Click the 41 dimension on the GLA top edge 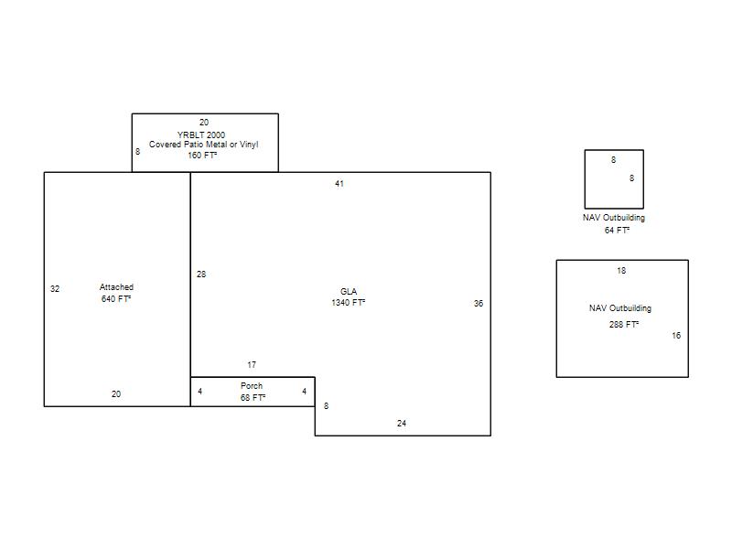pyautogui.click(x=339, y=184)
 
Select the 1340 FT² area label pyautogui.click(x=349, y=303)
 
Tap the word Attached pyautogui.click(x=116, y=287)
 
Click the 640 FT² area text pyautogui.click(x=116, y=299)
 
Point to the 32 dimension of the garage pyautogui.click(x=55, y=289)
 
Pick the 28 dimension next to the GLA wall pyautogui.click(x=201, y=274)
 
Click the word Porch pyautogui.click(x=252, y=386)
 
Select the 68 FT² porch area pyautogui.click(x=253, y=398)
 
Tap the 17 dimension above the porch pyautogui.click(x=252, y=365)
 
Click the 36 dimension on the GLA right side pyautogui.click(x=479, y=304)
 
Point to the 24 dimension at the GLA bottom pyautogui.click(x=402, y=424)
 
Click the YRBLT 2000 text pyautogui.click(x=201, y=135)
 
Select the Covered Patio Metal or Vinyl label pyautogui.click(x=203, y=145)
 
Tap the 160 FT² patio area pyautogui.click(x=202, y=155)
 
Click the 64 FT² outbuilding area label pyautogui.click(x=617, y=231)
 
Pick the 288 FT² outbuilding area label pyautogui.click(x=624, y=325)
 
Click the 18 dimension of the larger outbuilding pyautogui.click(x=621, y=271)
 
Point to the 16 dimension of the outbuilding pyautogui.click(x=676, y=336)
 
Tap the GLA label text pyautogui.click(x=349, y=291)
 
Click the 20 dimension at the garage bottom pyautogui.click(x=116, y=394)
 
